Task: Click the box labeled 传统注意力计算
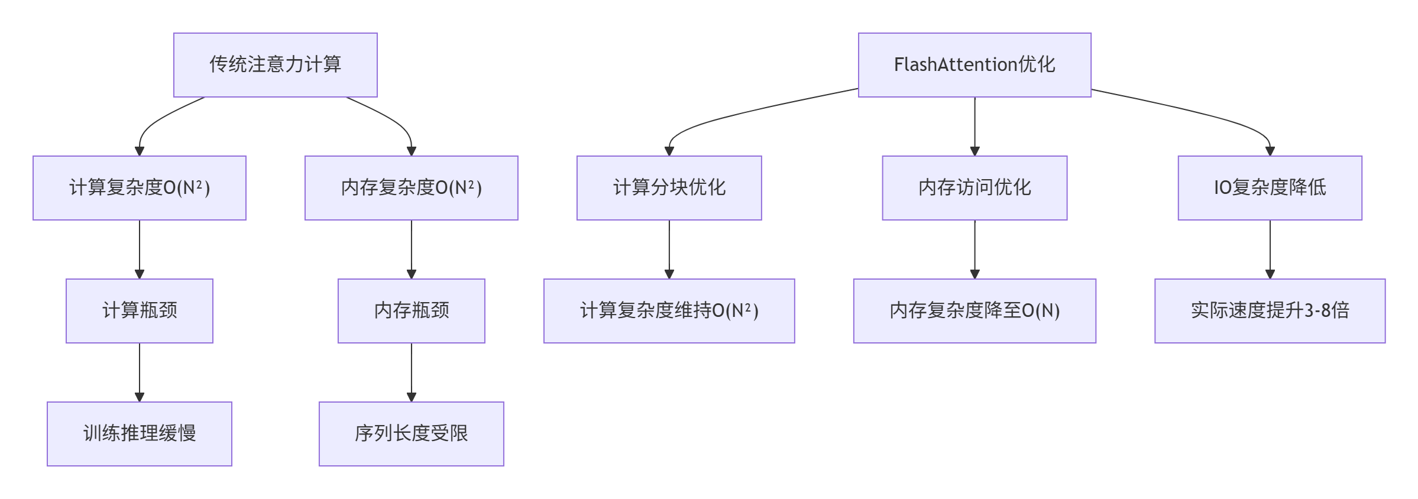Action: click(275, 65)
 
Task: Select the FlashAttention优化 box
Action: click(974, 65)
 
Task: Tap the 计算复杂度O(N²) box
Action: click(140, 188)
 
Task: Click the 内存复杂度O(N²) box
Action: click(411, 188)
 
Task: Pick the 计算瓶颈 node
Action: click(140, 311)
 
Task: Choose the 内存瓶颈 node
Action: click(411, 311)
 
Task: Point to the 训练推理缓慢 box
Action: click(140, 434)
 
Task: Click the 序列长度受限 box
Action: click(411, 434)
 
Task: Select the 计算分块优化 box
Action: click(669, 188)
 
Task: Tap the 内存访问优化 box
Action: click(975, 188)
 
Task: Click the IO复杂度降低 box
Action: click(1270, 188)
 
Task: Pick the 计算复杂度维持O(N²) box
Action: click(669, 311)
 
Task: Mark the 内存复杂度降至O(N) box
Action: click(975, 311)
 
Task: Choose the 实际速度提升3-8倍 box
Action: click(1270, 311)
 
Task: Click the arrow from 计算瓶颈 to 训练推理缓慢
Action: click(140, 371)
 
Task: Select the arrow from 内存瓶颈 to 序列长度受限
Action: click(412, 371)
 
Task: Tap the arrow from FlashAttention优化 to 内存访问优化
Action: click(975, 125)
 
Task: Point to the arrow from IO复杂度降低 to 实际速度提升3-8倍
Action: click(1270, 248)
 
